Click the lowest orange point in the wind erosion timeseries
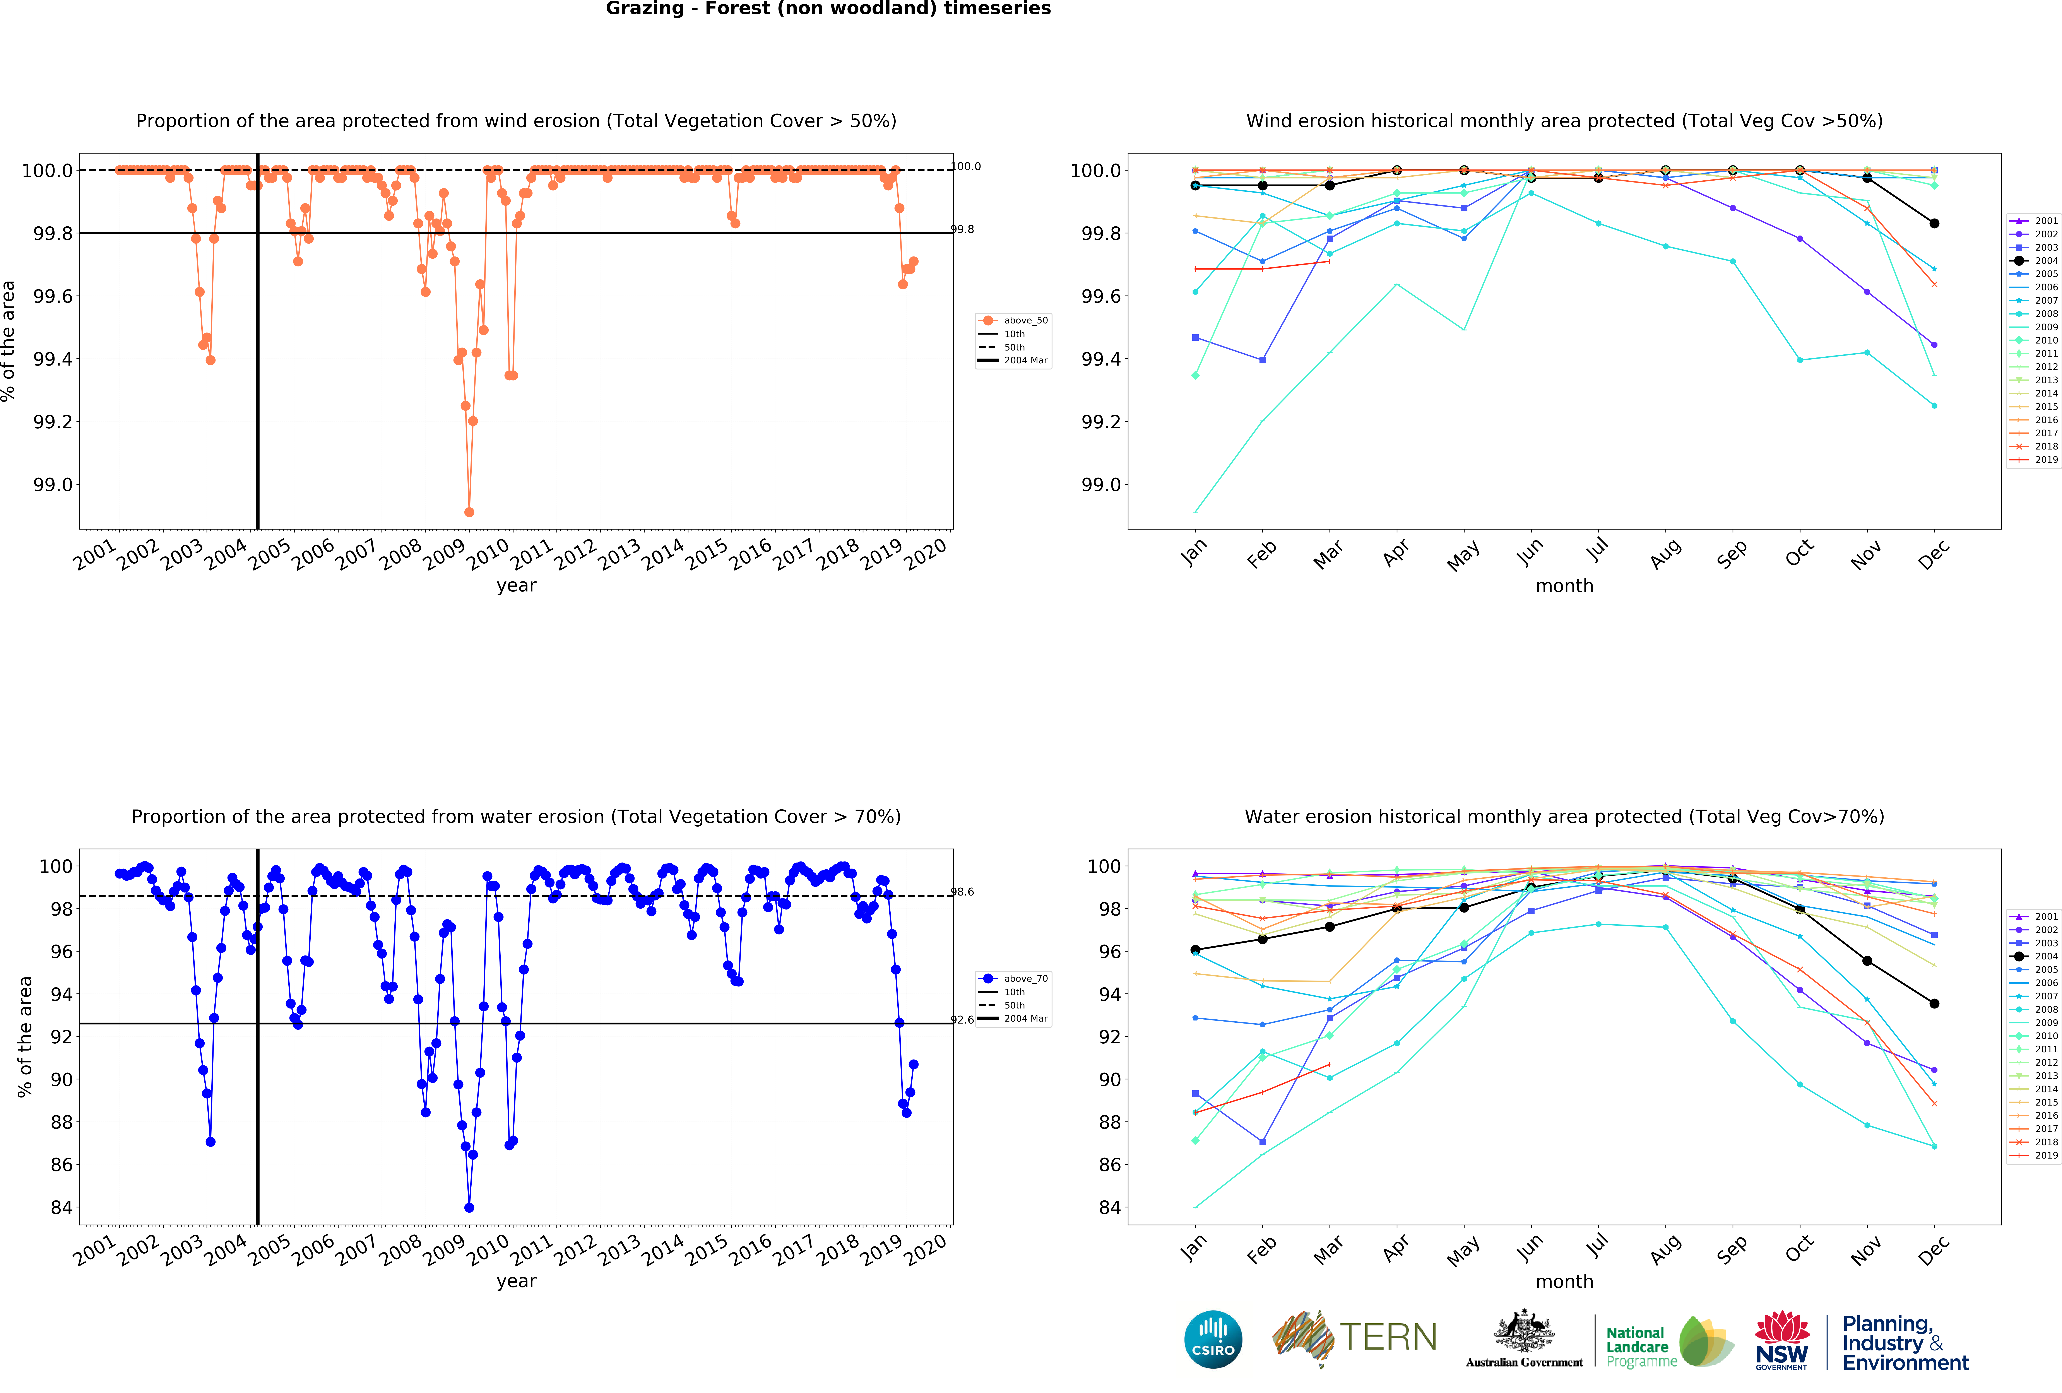click(469, 512)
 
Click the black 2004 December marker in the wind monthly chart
click(1934, 224)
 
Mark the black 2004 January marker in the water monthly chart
click(1195, 949)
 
